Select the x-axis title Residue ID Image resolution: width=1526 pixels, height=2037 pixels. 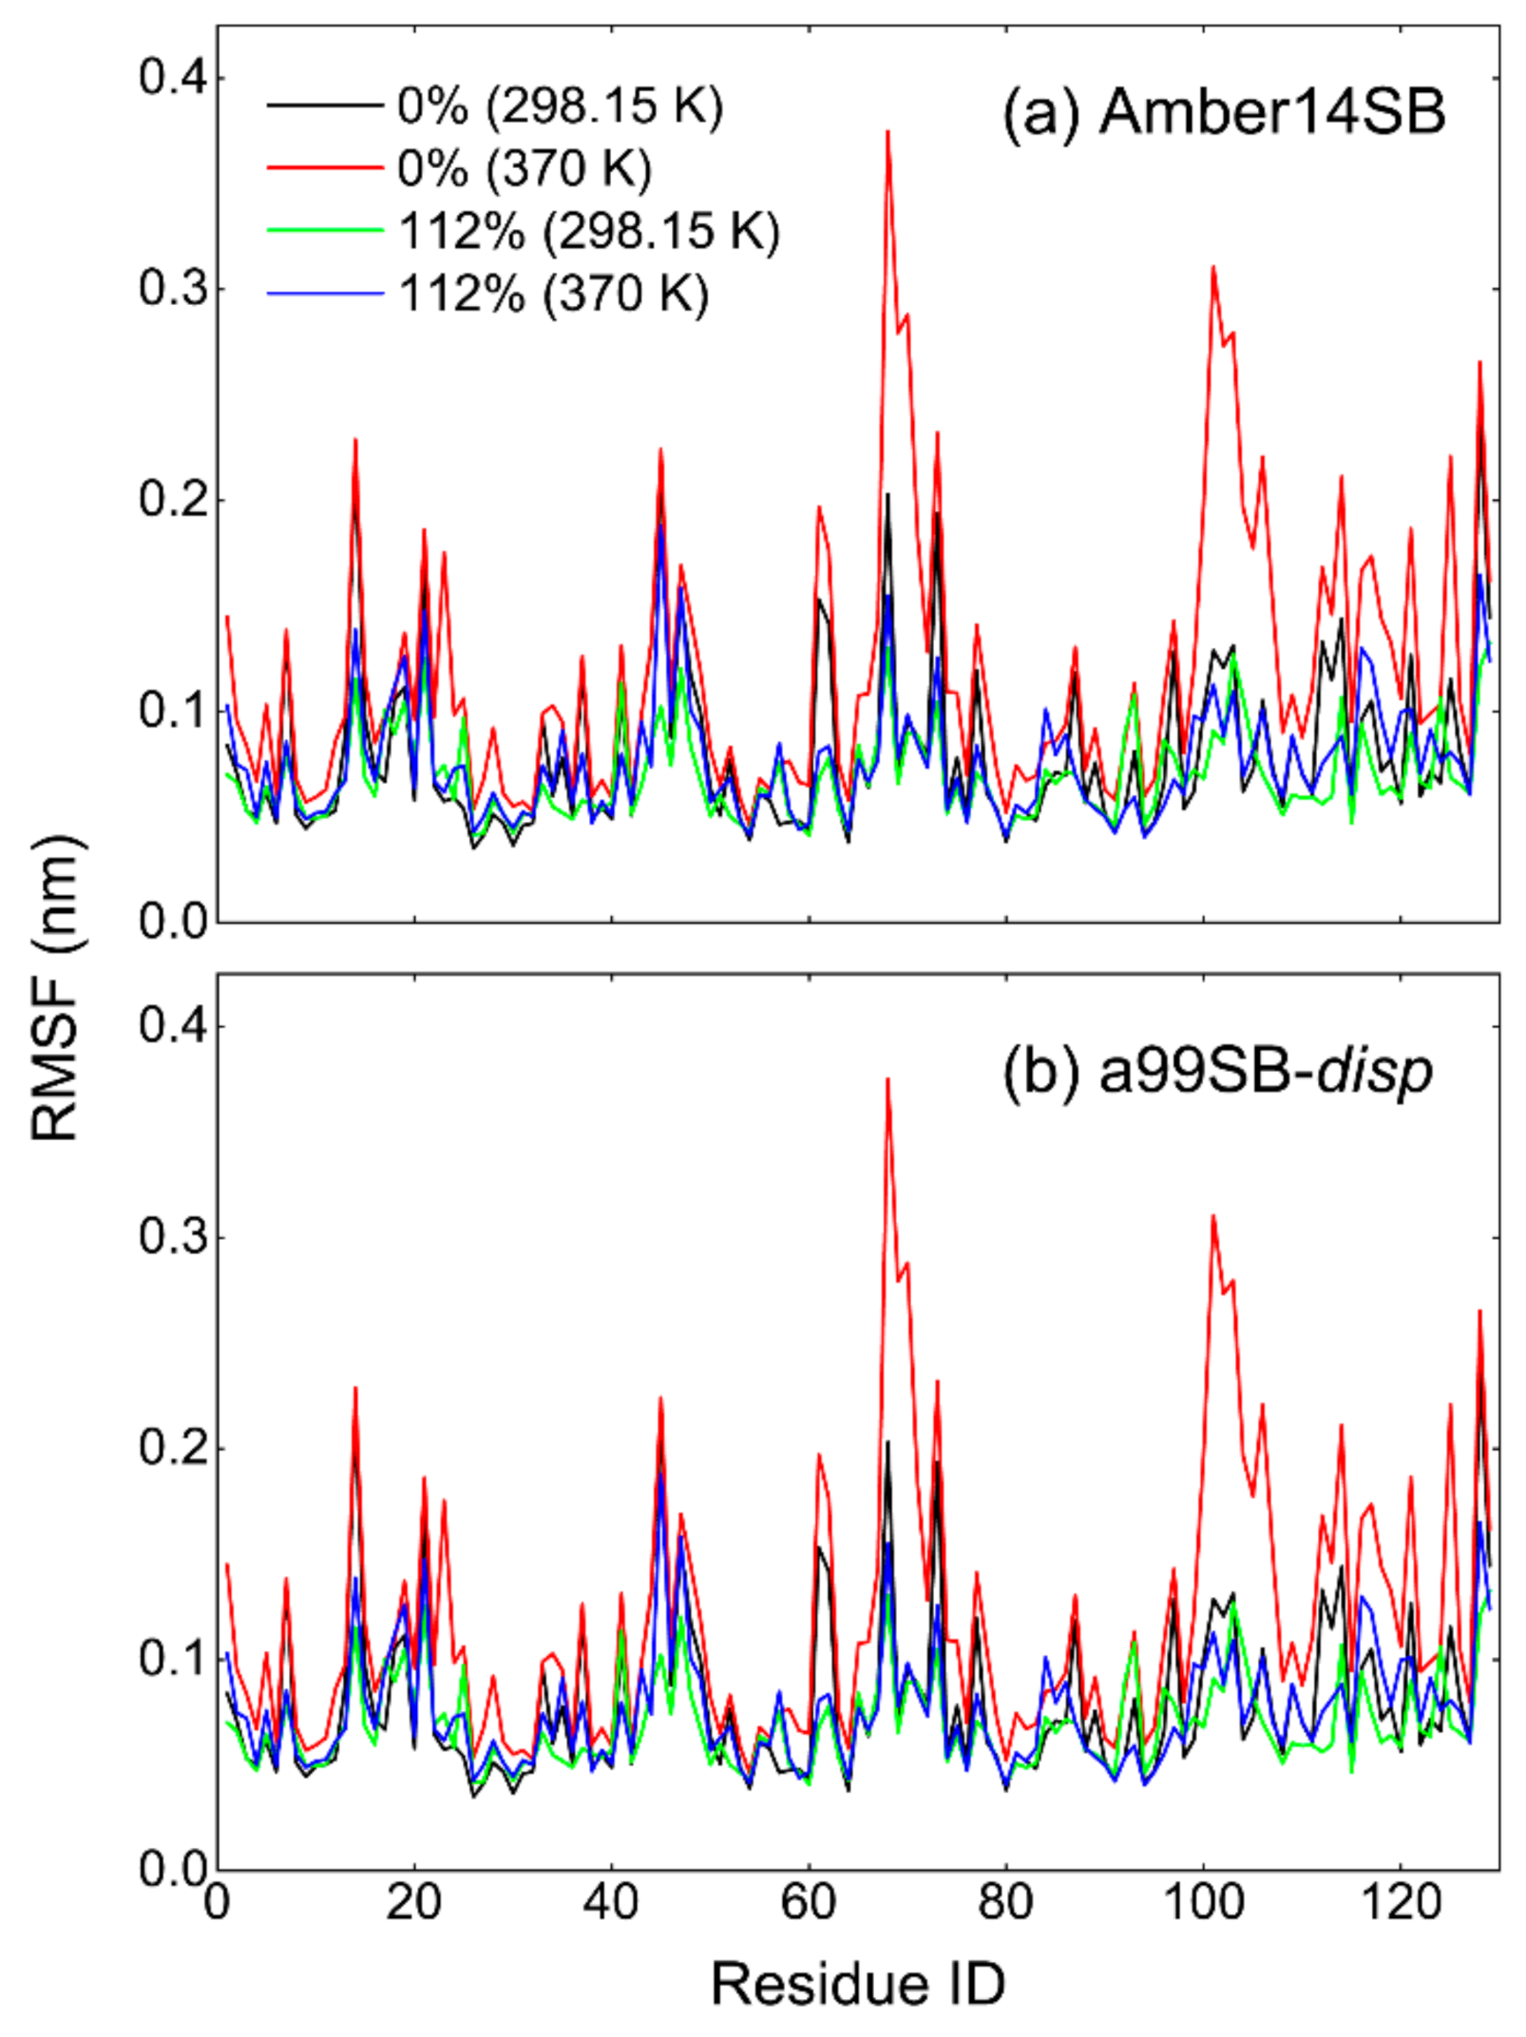click(857, 1984)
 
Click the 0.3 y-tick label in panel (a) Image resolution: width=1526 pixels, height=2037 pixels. click(173, 288)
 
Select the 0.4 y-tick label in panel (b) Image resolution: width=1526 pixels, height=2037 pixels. click(173, 1026)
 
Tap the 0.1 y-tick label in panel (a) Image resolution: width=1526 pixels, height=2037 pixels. click(173, 711)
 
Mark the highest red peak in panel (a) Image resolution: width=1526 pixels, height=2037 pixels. click(887, 133)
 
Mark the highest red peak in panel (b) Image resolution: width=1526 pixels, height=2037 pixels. click(887, 1080)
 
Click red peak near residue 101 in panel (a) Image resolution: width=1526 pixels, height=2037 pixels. click(1213, 268)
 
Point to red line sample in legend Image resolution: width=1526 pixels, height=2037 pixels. click(324, 167)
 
